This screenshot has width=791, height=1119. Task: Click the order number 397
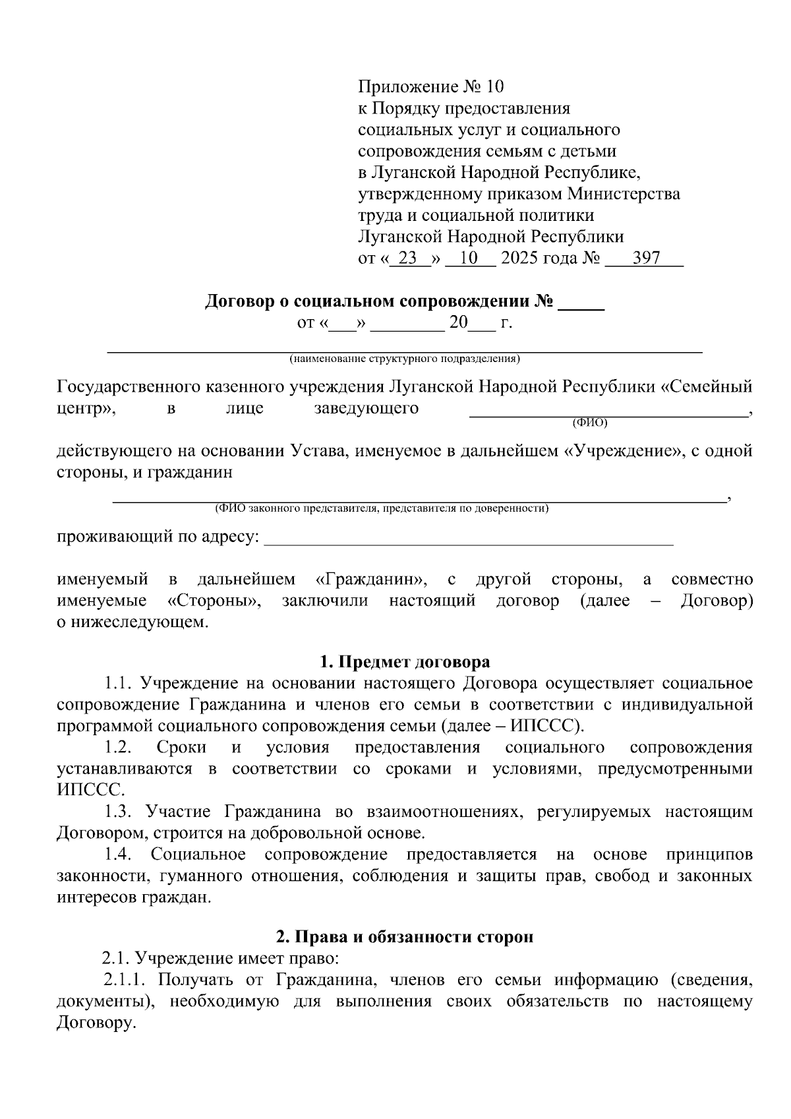(x=646, y=258)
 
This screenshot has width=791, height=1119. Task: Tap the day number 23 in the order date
(x=408, y=258)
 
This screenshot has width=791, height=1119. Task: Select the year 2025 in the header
(x=519, y=258)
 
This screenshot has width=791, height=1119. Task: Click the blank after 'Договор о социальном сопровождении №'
(x=581, y=304)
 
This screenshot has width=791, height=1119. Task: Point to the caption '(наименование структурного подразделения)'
(x=404, y=359)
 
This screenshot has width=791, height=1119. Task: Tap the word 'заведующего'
(x=366, y=408)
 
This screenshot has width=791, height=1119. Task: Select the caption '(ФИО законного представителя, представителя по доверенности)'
(x=382, y=508)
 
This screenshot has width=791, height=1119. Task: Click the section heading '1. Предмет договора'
(x=405, y=661)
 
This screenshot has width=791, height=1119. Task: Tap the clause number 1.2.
(x=119, y=747)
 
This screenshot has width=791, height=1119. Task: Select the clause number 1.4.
(x=119, y=855)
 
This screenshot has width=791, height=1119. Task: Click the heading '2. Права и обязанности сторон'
(x=405, y=936)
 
